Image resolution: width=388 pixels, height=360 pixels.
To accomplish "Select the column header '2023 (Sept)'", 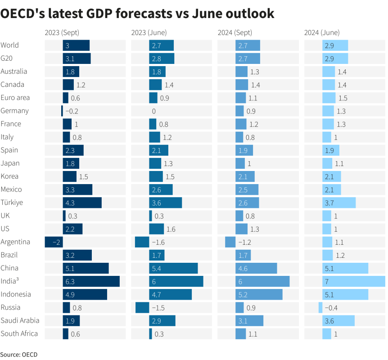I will [x=62, y=32].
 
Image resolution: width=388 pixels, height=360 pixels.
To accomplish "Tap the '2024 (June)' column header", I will [x=322, y=32].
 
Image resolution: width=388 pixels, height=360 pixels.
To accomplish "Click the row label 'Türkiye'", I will [x=12, y=202].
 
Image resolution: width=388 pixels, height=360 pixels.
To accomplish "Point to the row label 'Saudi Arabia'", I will [x=20, y=320].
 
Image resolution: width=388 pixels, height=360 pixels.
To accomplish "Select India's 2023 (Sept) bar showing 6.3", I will [x=91, y=281].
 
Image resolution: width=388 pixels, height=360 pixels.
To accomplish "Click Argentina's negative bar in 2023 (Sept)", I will [x=54, y=242].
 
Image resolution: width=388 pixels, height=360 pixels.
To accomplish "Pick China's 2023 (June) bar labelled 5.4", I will [x=173, y=268].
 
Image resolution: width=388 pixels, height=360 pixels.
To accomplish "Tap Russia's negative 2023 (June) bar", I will [x=142, y=307].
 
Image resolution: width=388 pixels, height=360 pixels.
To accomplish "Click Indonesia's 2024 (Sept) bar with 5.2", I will [x=259, y=294].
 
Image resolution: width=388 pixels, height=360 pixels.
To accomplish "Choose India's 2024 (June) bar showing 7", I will [x=353, y=281].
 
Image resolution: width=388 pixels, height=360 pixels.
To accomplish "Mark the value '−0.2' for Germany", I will [x=72, y=111].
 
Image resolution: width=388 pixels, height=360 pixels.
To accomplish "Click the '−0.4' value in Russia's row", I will [x=331, y=307].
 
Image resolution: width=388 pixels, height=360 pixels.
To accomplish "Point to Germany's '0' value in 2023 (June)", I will [x=154, y=111].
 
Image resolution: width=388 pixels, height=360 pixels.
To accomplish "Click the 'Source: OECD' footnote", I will [x=19, y=355].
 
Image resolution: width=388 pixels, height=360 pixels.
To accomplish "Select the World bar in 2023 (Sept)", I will [x=76, y=45].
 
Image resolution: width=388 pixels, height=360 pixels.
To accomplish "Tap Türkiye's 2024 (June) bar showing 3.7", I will [x=339, y=202].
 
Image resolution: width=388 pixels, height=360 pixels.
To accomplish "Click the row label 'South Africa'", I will [x=19, y=333].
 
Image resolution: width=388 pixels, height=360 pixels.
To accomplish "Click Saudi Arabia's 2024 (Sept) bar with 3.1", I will [x=249, y=320].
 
